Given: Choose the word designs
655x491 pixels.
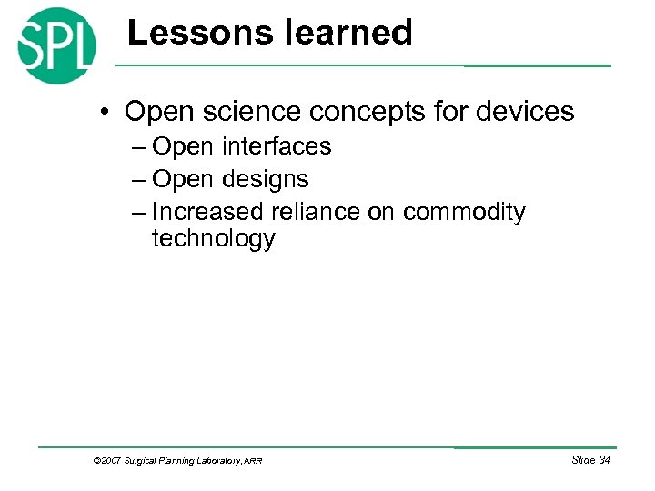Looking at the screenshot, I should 263,179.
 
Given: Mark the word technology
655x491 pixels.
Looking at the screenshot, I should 213,239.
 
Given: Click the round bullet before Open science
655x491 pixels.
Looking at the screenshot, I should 106,113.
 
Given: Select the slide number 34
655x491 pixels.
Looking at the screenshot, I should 603,460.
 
